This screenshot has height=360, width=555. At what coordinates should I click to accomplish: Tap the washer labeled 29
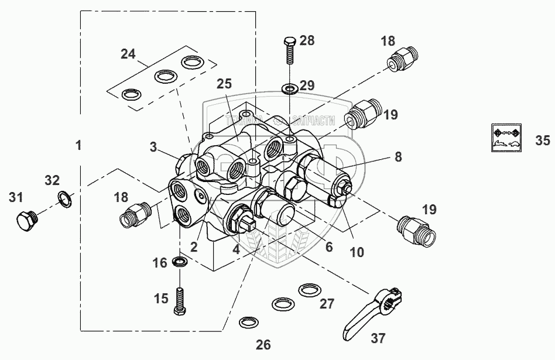coord(289,89)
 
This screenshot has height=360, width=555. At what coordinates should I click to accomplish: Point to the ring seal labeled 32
coord(65,199)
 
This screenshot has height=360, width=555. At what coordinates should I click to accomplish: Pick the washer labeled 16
coord(181,261)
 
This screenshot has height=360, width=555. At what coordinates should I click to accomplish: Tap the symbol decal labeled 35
coord(505,139)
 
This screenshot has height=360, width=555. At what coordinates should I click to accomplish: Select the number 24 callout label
coord(128,54)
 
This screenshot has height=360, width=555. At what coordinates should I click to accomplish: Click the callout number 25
coord(224,84)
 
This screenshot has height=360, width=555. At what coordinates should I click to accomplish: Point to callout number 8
coord(398,156)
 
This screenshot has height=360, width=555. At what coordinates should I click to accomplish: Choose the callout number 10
coord(357,252)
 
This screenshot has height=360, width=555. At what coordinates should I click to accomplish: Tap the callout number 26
coord(263,344)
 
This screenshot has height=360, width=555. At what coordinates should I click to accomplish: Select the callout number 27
coord(327,304)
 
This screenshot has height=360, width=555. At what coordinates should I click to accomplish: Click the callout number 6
coord(329,248)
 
